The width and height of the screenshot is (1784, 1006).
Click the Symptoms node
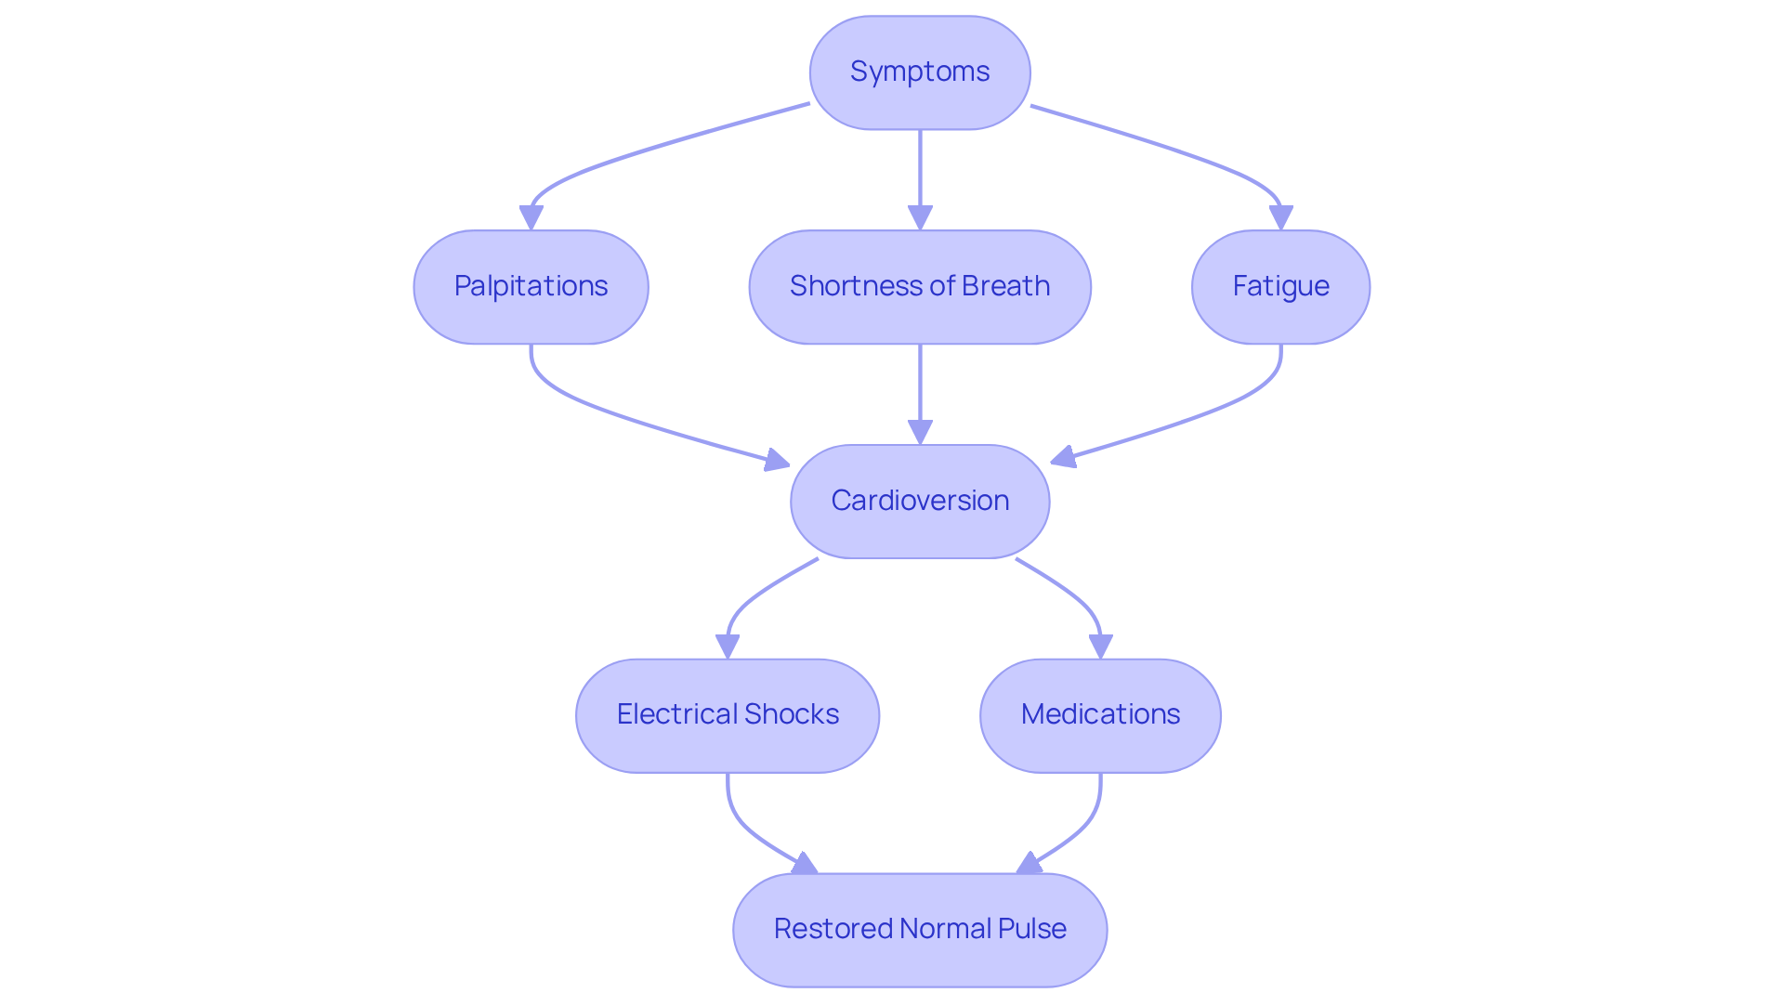[920, 72]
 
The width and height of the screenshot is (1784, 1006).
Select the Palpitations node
[531, 286]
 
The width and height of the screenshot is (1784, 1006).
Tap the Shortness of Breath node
[920, 286]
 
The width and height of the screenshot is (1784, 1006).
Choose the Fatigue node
[1280, 286]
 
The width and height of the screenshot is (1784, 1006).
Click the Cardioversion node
[920, 501]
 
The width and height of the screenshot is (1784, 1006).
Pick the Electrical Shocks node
[728, 715]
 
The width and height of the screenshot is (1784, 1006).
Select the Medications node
[1100, 715]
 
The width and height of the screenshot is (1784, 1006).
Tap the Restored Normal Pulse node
[920, 929]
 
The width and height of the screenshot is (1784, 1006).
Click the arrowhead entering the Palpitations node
[531, 218]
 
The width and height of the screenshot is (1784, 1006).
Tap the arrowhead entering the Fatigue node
[1280, 218]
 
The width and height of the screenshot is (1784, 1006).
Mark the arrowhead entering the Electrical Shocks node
[728, 647]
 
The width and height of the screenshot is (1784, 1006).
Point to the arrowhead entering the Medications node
[1100, 647]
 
